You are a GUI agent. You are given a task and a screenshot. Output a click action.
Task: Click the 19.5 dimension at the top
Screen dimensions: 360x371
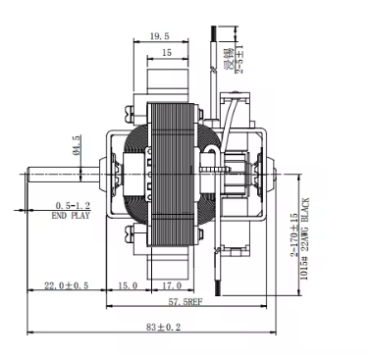pos(159,36)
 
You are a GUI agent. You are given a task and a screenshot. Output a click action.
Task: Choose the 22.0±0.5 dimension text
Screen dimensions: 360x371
pos(68,286)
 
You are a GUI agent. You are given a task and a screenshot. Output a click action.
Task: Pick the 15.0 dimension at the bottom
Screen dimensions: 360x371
pos(127,286)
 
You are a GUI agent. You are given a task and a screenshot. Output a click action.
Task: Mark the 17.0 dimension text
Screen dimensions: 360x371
pos(169,286)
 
